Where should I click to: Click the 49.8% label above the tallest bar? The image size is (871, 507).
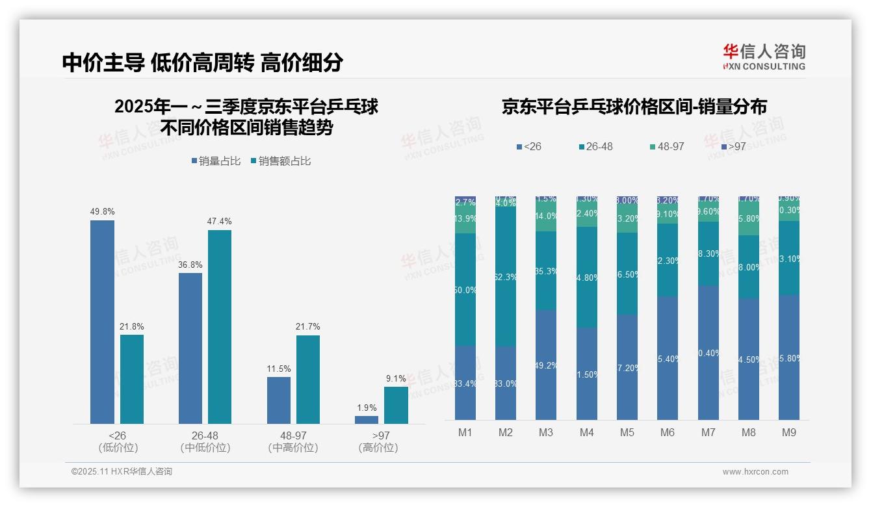pyautogui.click(x=102, y=212)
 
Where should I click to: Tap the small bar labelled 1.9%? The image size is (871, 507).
pyautogui.click(x=367, y=420)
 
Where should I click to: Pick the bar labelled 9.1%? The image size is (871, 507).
pyautogui.click(x=396, y=405)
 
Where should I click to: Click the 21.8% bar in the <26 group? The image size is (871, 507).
pyautogui.click(x=132, y=379)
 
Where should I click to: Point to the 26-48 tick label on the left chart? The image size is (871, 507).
pyautogui.click(x=205, y=435)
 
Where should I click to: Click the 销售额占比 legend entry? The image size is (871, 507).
pyautogui.click(x=281, y=161)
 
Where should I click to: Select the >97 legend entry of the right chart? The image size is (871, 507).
pyautogui.click(x=733, y=147)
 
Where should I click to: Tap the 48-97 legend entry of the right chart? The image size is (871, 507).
pyautogui.click(x=667, y=147)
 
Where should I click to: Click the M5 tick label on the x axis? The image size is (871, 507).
pyautogui.click(x=627, y=432)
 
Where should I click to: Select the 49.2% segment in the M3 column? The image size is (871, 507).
pyautogui.click(x=547, y=365)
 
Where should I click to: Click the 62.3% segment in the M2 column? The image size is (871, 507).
pyautogui.click(x=506, y=277)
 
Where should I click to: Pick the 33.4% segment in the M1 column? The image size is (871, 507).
pyautogui.click(x=466, y=383)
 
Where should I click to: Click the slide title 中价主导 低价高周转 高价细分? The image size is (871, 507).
pyautogui.click(x=203, y=62)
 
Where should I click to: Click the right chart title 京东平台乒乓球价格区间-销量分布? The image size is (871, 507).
pyautogui.click(x=634, y=107)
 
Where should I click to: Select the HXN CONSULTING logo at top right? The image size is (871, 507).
pyautogui.click(x=764, y=57)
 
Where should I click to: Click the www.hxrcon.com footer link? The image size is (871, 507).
pyautogui.click(x=755, y=472)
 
